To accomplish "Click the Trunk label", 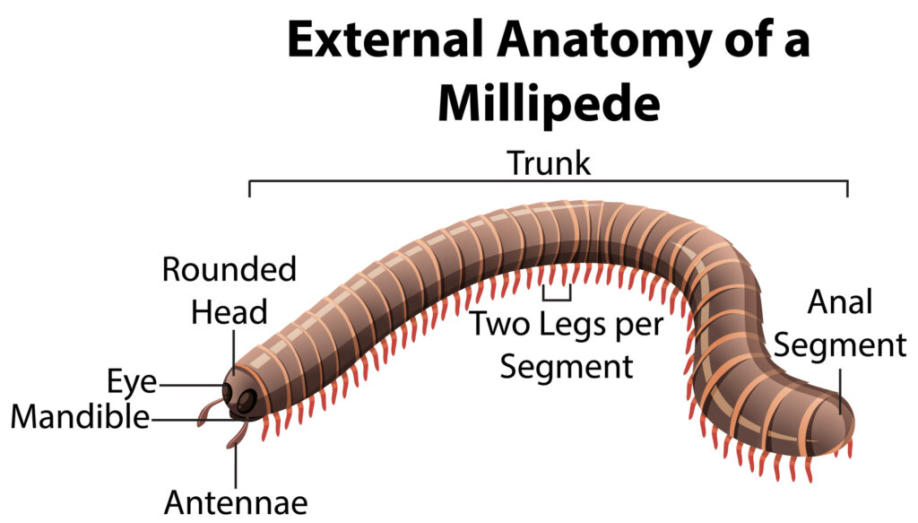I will click(x=549, y=164).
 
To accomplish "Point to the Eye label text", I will click(x=133, y=384).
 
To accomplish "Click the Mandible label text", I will click(x=80, y=417).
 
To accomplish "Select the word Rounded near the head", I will click(x=229, y=269).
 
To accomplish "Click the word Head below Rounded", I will click(x=229, y=313).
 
